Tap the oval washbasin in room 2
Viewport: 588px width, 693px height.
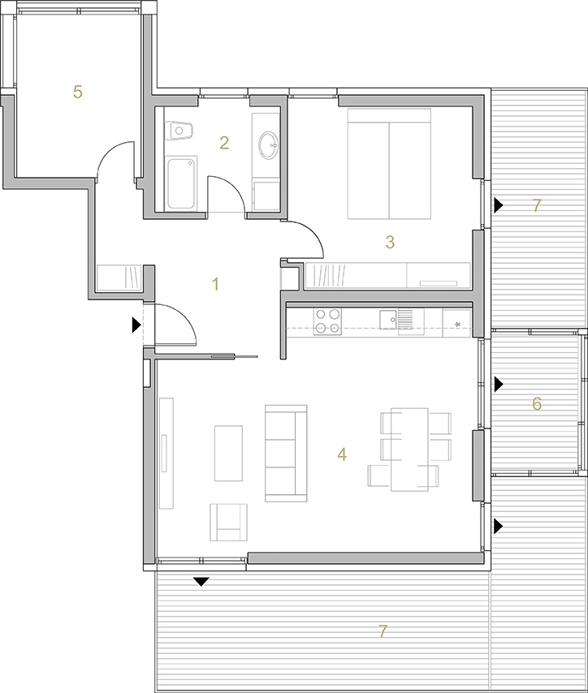[x=269, y=144]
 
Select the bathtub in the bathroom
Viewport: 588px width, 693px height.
[x=180, y=183]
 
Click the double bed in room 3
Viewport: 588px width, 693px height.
[x=389, y=164]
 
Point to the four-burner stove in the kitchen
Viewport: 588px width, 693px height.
[x=327, y=321]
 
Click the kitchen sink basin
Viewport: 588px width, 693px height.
[x=388, y=320]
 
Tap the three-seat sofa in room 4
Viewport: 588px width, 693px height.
[x=286, y=454]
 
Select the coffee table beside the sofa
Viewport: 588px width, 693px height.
[x=228, y=453]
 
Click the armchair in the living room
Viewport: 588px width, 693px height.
[x=228, y=522]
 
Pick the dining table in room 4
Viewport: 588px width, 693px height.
[x=409, y=450]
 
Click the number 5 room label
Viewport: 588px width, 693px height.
[x=78, y=92]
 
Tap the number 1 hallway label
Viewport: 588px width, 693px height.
[x=215, y=284]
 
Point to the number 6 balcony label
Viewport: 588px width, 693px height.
[x=537, y=403]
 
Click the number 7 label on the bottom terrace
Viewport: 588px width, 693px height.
[x=383, y=631]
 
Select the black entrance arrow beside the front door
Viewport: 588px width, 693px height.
[x=136, y=325]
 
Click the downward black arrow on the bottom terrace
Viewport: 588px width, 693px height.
[x=201, y=582]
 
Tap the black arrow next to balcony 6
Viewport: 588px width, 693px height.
[x=499, y=384]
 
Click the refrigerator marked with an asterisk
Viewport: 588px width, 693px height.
[x=456, y=323]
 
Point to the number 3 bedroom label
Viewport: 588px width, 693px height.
[x=390, y=242]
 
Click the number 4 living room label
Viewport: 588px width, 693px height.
[x=342, y=454]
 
